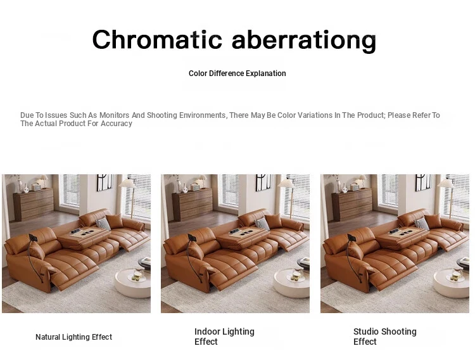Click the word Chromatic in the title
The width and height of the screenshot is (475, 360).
click(x=157, y=39)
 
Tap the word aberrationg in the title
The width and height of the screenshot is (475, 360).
click(x=304, y=41)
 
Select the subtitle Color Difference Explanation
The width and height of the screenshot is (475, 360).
click(x=237, y=74)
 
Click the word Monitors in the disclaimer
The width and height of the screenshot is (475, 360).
click(x=115, y=115)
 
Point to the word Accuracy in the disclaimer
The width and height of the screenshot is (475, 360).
click(x=117, y=124)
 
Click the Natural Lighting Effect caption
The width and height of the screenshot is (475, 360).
click(x=73, y=337)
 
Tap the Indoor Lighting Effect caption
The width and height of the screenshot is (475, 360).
click(x=224, y=337)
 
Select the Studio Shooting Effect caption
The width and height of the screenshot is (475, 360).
click(x=384, y=337)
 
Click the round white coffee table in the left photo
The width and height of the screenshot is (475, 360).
click(x=133, y=283)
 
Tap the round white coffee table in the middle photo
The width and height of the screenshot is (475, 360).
click(x=292, y=283)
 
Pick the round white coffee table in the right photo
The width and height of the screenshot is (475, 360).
click(x=452, y=283)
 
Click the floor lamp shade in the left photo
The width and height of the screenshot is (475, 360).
click(x=127, y=184)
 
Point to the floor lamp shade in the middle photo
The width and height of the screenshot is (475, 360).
click(x=286, y=183)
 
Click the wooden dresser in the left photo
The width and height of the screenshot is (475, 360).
click(x=34, y=205)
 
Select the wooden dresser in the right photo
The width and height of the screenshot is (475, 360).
click(x=352, y=205)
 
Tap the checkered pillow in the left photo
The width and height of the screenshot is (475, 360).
click(x=103, y=224)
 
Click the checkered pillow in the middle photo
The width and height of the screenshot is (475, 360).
click(x=262, y=224)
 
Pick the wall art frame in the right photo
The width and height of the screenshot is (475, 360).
click(x=423, y=182)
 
